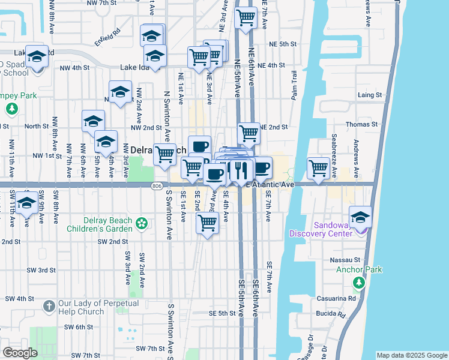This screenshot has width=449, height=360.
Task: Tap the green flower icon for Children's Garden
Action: point(142,224)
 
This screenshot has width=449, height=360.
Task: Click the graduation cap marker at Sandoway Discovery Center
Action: point(360,217)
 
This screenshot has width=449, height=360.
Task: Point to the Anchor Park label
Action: point(359,269)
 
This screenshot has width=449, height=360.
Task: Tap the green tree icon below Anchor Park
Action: point(359,281)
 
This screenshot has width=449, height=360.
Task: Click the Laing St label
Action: point(370,95)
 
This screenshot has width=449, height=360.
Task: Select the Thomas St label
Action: point(365,124)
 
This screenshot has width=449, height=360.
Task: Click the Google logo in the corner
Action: point(20,352)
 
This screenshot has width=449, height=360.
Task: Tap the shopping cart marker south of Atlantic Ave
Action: point(207,223)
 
